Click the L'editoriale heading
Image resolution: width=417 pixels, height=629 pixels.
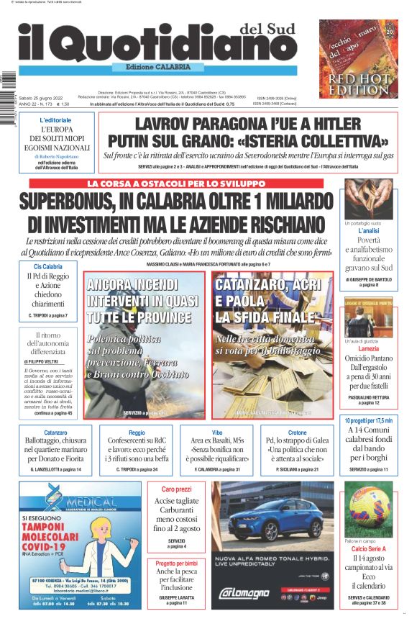pos(55,119)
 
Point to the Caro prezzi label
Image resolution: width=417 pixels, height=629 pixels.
pos(176,489)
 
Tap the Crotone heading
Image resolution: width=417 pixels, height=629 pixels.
pos(297,433)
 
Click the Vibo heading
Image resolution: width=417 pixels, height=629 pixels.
pos(216,433)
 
